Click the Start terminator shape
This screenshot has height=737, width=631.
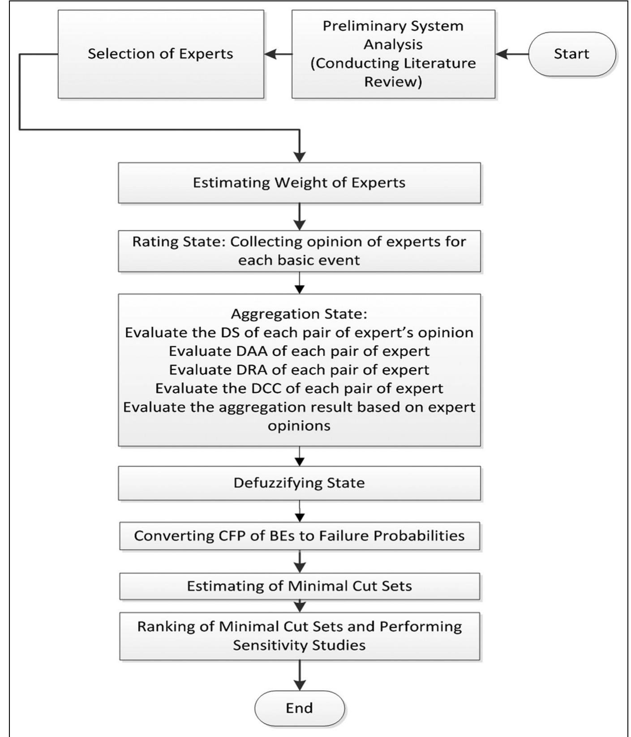point(572,54)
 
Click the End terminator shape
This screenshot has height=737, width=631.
point(300,708)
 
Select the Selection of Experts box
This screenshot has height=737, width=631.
point(160,54)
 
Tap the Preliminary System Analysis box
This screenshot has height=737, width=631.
point(393,54)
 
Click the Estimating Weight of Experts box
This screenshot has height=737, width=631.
point(299,183)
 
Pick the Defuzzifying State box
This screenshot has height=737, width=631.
point(299,483)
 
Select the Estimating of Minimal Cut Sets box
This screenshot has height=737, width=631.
point(299,586)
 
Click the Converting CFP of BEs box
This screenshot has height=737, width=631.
point(299,536)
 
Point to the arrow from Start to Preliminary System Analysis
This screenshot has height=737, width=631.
point(512,54)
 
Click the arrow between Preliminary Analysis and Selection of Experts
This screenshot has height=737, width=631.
point(278,54)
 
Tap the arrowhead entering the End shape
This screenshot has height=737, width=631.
point(300,686)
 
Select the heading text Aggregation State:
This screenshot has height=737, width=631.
point(299,314)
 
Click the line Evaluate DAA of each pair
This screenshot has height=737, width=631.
point(299,351)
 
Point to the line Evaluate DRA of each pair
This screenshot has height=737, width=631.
point(299,370)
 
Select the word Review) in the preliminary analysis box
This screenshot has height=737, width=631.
point(393,82)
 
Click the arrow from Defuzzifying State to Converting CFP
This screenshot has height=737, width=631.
point(300,511)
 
